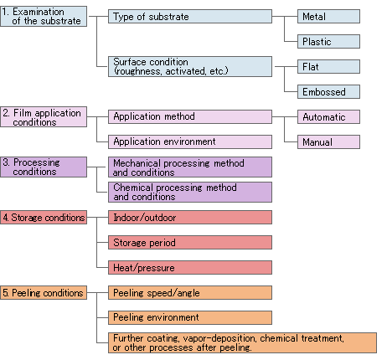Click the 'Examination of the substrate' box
pos(44,17)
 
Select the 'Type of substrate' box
pos(190,17)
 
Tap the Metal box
pos(328,17)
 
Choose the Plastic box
pos(328,42)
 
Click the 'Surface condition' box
pos(190,67)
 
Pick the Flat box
pos(328,67)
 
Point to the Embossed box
pos(328,92)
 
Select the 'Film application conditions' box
pos(44,117)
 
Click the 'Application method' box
pos(190,117)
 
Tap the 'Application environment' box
pos(190,142)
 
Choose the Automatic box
pos(328,117)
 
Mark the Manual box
pos(328,142)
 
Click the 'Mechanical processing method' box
pos(190,167)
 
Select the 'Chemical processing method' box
pos(190,193)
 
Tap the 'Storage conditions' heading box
pos(44,218)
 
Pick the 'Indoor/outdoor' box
pos(190,218)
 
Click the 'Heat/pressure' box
pos(190,268)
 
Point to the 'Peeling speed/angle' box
pos(190,293)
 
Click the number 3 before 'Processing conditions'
pos(6,162)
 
